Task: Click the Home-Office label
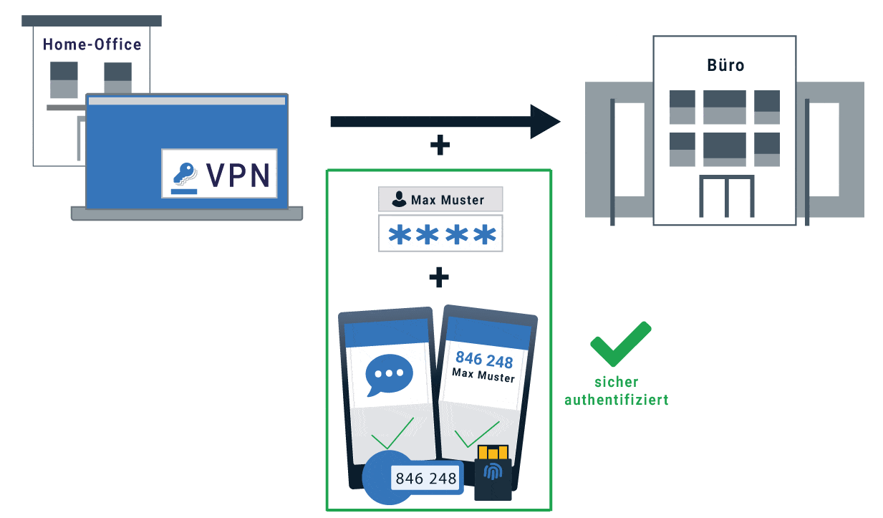(92, 44)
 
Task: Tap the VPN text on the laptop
(238, 174)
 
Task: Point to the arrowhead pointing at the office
(545, 121)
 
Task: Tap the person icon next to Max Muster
(399, 200)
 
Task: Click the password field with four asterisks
(440, 234)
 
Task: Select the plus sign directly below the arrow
(440, 146)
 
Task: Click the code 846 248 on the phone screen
(484, 360)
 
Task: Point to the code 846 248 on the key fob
(426, 479)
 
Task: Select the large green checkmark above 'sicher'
(619, 345)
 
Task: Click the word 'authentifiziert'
(617, 400)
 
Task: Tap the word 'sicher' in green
(616, 382)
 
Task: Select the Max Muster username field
(440, 200)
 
